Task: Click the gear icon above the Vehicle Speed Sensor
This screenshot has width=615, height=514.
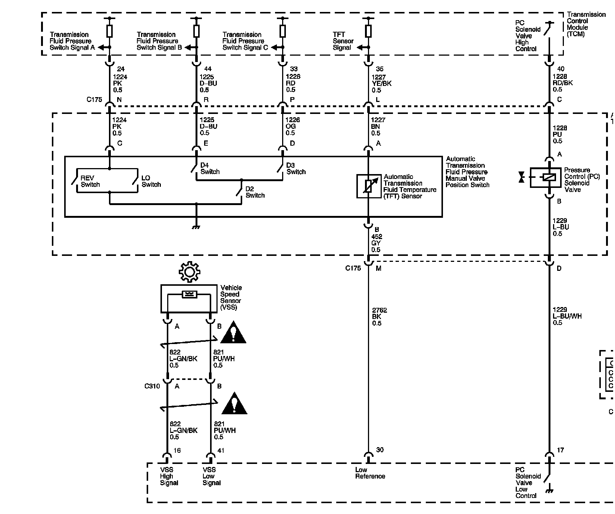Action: (x=189, y=272)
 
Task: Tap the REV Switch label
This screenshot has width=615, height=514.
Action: (x=90, y=181)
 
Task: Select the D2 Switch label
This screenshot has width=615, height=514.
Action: (x=255, y=192)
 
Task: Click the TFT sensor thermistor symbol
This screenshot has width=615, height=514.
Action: (x=368, y=186)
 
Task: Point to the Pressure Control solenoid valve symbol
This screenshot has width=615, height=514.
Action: (x=545, y=178)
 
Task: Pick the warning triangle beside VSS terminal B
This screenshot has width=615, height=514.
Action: (x=233, y=332)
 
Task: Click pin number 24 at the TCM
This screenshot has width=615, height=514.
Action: (x=121, y=69)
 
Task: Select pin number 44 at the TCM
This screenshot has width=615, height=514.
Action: (x=207, y=69)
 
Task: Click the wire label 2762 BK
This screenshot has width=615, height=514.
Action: (x=379, y=316)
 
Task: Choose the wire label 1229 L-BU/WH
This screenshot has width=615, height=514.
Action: (x=566, y=316)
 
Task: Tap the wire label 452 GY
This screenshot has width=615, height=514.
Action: (x=377, y=243)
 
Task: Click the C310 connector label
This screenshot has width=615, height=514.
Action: (x=152, y=386)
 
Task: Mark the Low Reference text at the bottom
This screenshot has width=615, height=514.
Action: (x=370, y=473)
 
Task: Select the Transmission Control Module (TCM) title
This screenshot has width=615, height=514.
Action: (x=586, y=24)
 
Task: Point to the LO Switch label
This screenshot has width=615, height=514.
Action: (x=151, y=181)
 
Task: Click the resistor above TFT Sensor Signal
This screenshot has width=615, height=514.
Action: (x=368, y=31)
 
